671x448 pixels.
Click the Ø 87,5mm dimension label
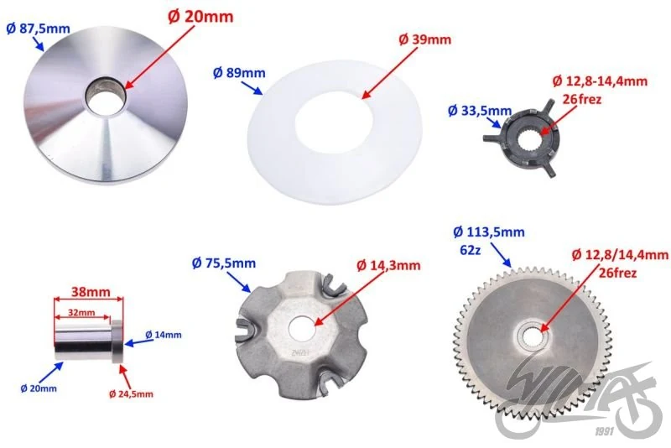click(38, 29)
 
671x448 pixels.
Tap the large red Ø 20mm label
click(200, 17)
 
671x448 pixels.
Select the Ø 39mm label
click(424, 39)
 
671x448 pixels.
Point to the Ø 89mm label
click(239, 73)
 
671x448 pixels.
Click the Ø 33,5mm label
click(479, 111)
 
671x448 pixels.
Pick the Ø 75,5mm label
click(224, 263)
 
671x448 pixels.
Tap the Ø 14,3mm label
click(388, 265)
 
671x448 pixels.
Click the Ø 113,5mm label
click(489, 232)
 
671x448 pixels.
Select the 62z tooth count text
click(470, 250)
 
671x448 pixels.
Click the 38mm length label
click(91, 292)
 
